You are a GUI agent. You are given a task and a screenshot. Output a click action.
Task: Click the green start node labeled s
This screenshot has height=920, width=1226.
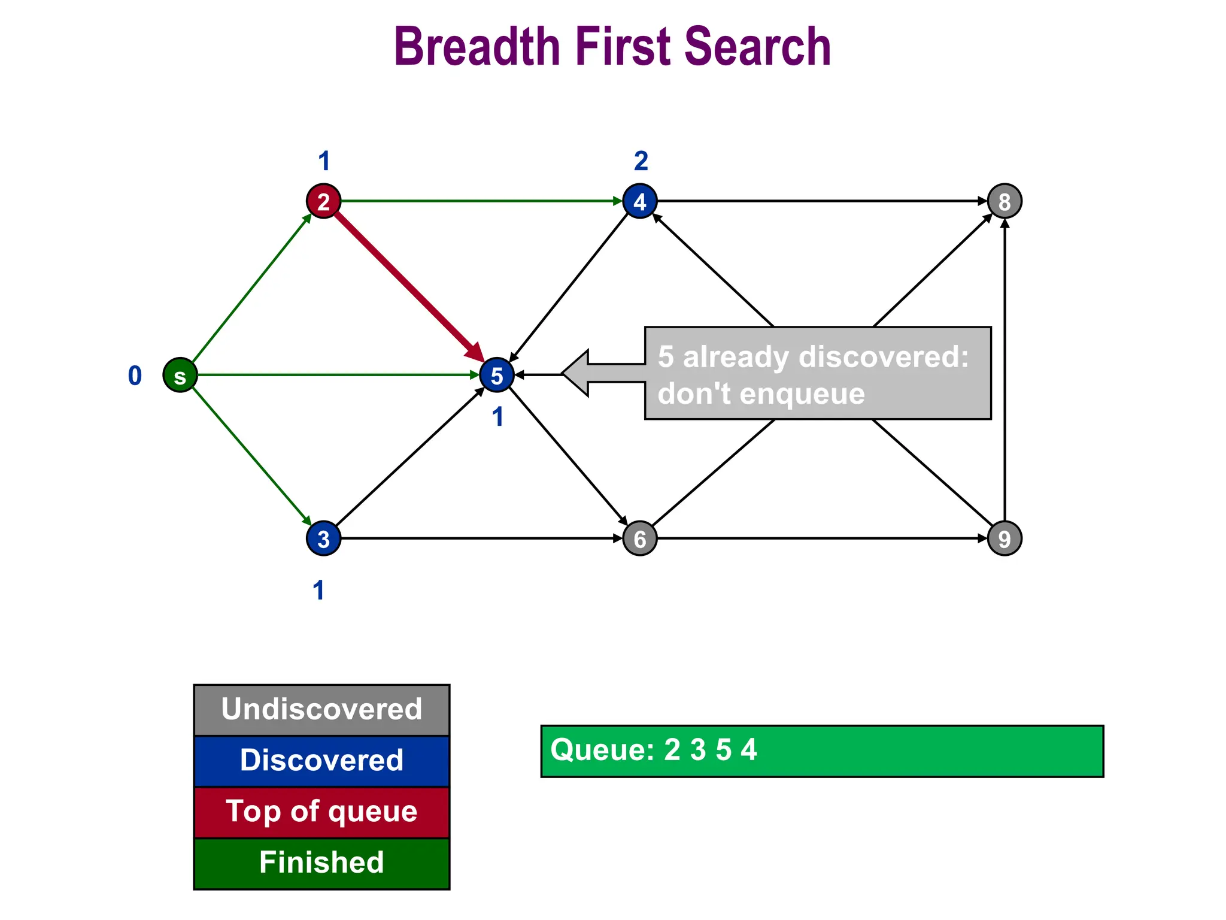coord(180,376)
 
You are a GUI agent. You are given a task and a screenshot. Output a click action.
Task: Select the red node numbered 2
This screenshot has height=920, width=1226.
coord(323,201)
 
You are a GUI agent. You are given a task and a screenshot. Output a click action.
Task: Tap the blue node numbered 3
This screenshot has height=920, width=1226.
coord(323,538)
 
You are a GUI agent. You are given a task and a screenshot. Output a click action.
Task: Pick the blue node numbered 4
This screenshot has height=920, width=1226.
coord(640,201)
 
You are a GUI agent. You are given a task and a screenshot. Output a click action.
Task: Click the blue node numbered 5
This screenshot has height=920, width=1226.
coord(497,376)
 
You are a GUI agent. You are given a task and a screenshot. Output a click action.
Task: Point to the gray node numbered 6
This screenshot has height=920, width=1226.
coord(640,538)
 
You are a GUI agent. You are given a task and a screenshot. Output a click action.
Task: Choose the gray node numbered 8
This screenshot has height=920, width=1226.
coord(1005,201)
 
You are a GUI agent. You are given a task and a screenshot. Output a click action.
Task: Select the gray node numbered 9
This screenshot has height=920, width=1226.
coord(1005,538)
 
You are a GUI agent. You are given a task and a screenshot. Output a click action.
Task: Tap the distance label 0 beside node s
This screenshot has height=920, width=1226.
coord(135,376)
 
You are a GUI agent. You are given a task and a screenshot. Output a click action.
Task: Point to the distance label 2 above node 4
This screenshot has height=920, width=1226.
coord(641,161)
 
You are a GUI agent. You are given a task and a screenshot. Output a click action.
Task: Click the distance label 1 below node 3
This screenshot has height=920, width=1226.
coord(318,591)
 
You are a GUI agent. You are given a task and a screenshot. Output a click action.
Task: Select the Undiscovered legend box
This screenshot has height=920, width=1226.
coord(321,710)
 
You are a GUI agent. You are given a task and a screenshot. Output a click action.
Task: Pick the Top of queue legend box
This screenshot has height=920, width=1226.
coord(321,812)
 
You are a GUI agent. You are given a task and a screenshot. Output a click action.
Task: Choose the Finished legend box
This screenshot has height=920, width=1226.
coord(321,863)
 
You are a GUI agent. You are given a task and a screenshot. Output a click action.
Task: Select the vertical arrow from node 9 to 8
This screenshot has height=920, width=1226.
coord(1005,371)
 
